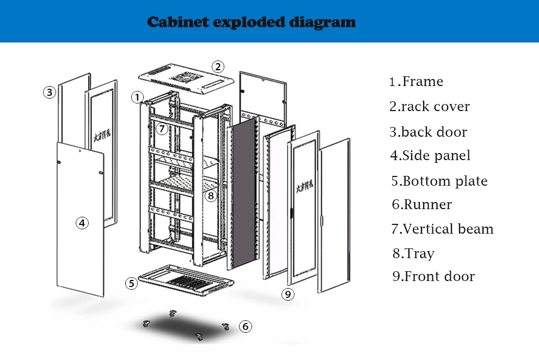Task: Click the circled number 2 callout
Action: [218, 67]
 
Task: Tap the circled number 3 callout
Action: [50, 92]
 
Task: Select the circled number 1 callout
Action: [138, 97]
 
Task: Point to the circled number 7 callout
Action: [161, 129]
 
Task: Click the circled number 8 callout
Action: [211, 195]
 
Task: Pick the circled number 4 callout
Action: [82, 223]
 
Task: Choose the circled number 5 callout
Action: [131, 283]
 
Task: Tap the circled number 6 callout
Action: [246, 326]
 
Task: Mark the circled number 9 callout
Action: [288, 295]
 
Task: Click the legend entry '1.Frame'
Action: [416, 82]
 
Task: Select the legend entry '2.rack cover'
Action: [430, 107]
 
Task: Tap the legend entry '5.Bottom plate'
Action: [439, 181]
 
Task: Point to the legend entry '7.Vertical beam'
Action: [442, 229]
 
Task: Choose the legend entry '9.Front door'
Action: [433, 277]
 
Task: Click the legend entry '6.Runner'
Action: [422, 205]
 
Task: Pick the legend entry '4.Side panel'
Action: [430, 156]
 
